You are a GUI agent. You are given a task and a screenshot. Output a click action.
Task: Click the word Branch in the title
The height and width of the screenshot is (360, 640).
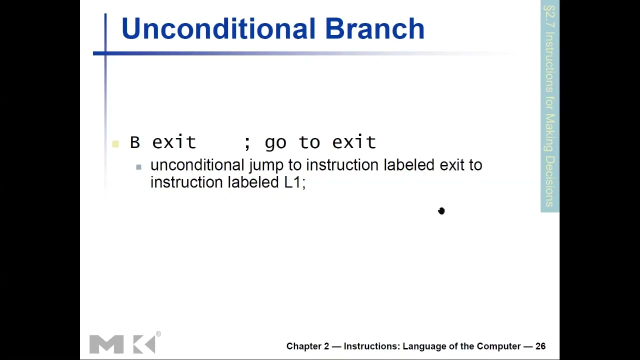374,28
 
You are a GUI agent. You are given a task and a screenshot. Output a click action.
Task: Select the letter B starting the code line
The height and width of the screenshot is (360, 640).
134,142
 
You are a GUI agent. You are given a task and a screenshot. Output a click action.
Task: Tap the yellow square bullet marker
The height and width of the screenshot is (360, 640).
115,144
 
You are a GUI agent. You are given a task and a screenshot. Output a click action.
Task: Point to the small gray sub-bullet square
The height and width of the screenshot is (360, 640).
138,167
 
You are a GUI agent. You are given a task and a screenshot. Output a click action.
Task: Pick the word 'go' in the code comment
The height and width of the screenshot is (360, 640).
275,143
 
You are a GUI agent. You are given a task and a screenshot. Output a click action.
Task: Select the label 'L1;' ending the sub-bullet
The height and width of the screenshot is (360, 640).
294,182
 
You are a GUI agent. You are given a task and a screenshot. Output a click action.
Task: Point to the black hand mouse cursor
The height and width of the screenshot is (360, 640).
441,211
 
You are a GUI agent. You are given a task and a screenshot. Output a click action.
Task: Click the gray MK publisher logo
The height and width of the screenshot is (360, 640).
122,344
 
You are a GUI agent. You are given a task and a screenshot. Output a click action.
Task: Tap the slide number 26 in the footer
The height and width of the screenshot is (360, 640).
540,346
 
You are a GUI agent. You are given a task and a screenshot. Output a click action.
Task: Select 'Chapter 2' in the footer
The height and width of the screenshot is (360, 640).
307,346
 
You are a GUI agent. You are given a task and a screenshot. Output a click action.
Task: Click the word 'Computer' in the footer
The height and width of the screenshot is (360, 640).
498,346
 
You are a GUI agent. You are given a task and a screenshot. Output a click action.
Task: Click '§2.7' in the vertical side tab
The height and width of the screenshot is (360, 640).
549,16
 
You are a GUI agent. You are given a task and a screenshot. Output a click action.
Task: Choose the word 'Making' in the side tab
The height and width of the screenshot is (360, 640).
549,132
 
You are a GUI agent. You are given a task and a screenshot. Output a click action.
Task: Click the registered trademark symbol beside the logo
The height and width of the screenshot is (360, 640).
158,333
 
